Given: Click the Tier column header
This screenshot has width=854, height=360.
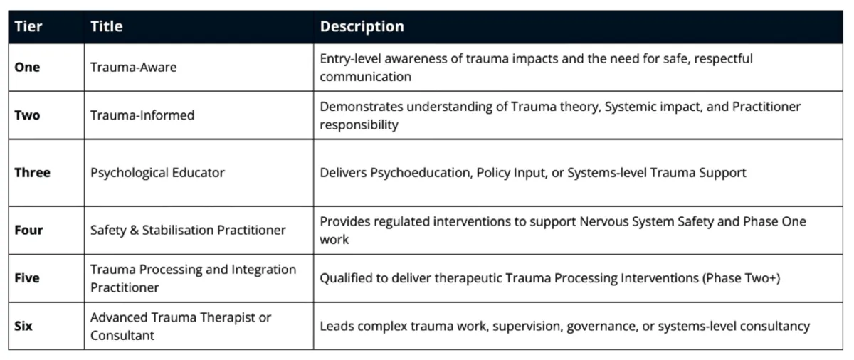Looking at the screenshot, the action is point(28,26).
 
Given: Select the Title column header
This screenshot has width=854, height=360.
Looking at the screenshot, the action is point(106,26).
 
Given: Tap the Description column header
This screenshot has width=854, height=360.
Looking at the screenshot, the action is point(362,26).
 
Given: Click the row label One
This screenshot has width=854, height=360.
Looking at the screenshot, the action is point(27,68).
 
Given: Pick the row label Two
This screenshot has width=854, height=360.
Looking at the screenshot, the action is point(27,115).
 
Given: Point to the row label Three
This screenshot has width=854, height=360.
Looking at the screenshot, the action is point(33,173).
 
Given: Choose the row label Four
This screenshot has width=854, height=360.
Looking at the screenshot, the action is point(28,230).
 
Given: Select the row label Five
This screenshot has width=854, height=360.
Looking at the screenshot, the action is point(27,278).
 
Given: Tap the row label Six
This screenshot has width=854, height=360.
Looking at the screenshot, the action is point(23,326).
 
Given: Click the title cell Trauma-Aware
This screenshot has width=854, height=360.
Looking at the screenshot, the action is point(134,68).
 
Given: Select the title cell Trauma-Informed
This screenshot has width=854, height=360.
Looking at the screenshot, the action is point(142,115).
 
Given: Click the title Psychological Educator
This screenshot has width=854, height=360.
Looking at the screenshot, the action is point(157,173).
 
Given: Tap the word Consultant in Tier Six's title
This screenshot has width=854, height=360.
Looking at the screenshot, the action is point(122,336).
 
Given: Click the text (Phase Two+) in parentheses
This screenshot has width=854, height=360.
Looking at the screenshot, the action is point(741,278).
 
